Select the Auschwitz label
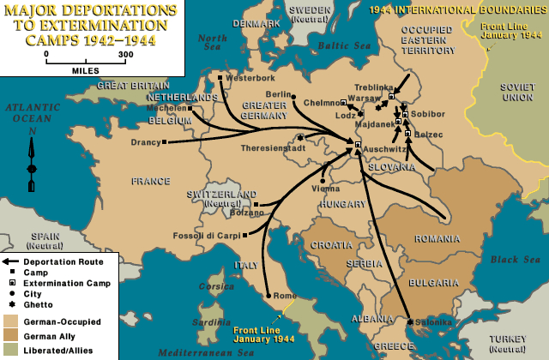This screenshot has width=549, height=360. click(388, 148)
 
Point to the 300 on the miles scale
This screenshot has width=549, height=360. click(125, 53)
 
